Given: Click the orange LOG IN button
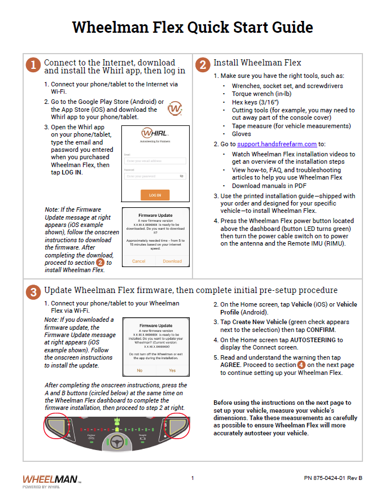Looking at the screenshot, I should pos(155,195).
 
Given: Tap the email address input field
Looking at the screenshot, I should pos(155,161).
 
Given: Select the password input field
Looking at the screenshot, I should pos(155,176).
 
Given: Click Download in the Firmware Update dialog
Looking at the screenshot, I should pos(172,261).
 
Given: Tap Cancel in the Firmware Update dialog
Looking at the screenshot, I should pos(139,261).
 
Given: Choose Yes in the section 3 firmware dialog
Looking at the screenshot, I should pos(172,370).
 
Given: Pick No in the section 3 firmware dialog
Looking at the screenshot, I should pos(139,370).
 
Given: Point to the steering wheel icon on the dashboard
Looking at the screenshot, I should pos(117,442).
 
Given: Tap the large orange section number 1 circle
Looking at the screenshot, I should pos(33,65).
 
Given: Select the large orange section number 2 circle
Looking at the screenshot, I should pos(202,65).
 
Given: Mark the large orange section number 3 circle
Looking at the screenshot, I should pos(33,292).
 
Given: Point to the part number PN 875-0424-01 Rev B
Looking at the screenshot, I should pos(333,478).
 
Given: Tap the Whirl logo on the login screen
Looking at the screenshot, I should pos(154,134).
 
